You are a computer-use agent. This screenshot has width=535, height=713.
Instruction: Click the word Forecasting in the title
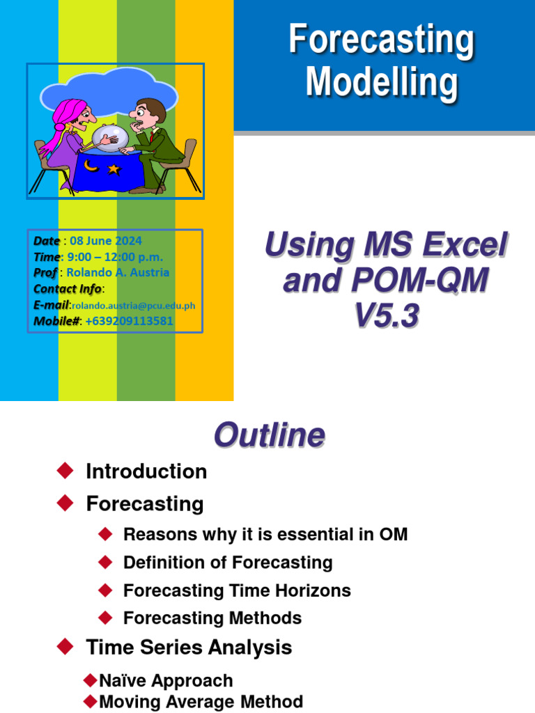[x=382, y=40]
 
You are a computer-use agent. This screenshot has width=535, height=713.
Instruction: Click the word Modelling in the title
[x=382, y=82]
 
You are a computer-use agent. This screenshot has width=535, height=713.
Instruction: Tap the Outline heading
[x=269, y=435]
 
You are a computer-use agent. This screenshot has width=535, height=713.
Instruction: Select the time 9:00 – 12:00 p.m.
[x=115, y=257]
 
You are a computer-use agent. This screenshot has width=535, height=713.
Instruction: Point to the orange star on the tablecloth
[x=114, y=169]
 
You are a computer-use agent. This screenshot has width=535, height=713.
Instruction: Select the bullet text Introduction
[x=146, y=471]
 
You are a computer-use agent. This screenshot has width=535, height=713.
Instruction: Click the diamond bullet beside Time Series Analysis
[x=65, y=647]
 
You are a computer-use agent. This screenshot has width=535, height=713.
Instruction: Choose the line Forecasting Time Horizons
[x=237, y=590]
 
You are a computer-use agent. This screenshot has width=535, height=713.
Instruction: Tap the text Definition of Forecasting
[x=228, y=563]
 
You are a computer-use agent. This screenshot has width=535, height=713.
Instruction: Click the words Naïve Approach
[x=166, y=680]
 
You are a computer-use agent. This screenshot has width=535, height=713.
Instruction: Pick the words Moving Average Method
[x=201, y=701]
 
